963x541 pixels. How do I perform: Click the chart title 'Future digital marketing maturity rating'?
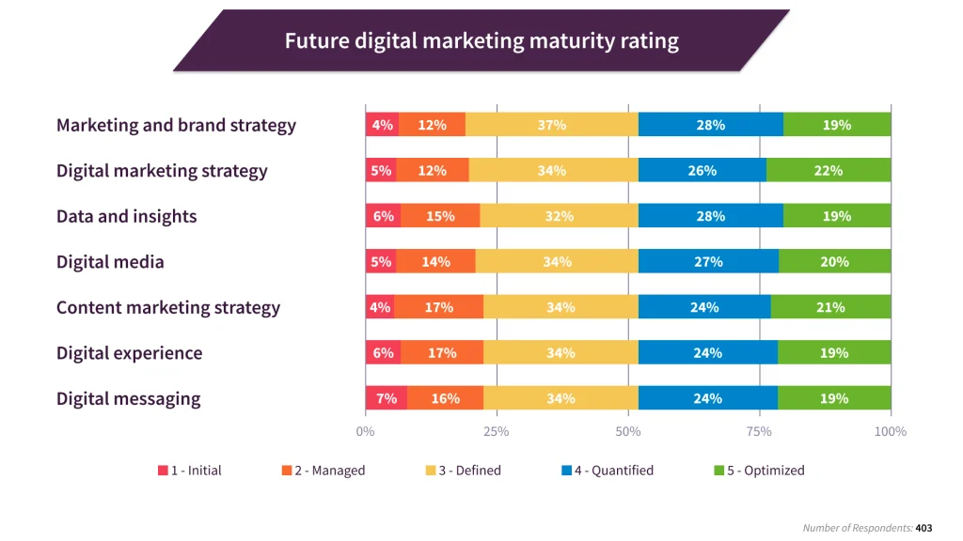481,41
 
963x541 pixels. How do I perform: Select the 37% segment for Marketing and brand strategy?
552,125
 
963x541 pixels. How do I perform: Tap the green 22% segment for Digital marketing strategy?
829,170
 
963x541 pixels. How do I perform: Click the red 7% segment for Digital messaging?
387,398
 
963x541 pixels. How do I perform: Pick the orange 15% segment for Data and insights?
440,216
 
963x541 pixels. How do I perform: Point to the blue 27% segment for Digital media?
708,262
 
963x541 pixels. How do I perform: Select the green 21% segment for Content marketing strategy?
830,307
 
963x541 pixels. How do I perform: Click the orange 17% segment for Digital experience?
442,353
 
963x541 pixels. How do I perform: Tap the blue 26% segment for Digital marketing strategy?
703,170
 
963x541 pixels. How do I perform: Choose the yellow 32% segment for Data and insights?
559,216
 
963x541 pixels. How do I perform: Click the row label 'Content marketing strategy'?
168,307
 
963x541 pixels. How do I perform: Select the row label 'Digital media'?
110,262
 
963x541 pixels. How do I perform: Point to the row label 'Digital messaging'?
128,398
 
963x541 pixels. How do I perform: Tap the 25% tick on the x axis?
497,431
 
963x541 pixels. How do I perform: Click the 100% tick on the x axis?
890,431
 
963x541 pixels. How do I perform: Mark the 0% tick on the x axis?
365,431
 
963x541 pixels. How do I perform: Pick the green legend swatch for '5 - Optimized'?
719,471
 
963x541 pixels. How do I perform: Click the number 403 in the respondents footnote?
924,528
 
